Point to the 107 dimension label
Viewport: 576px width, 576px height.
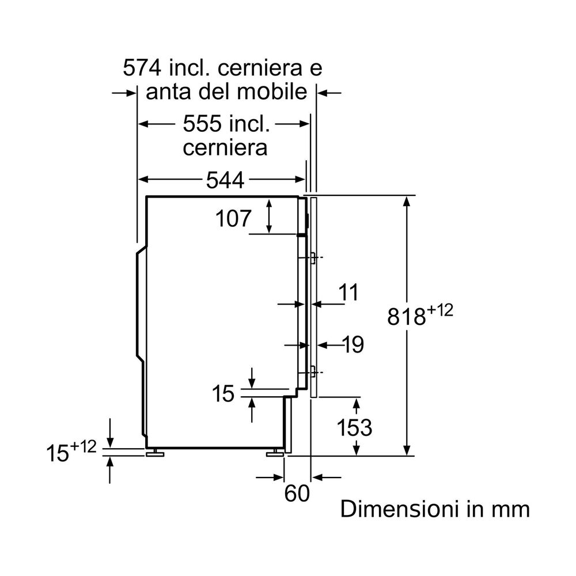pyautogui.click(x=234, y=218)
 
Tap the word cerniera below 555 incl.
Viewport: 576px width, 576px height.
pyautogui.click(x=226, y=147)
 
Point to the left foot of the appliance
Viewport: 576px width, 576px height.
pyautogui.click(x=154, y=452)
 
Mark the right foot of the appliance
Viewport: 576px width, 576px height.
pyautogui.click(x=275, y=453)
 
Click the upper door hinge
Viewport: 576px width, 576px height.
pyautogui.click(x=312, y=257)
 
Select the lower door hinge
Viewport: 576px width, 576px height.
pyautogui.click(x=312, y=372)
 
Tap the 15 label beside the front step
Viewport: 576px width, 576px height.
pyautogui.click(x=223, y=395)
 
